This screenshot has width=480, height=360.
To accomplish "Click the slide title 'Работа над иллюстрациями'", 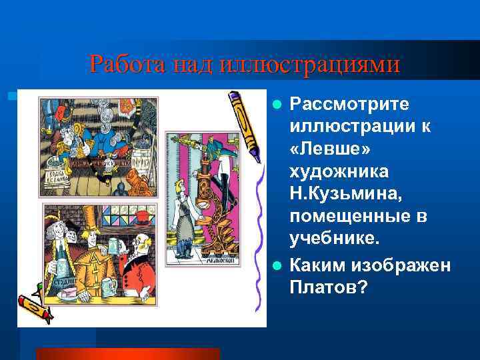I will click(x=245, y=64).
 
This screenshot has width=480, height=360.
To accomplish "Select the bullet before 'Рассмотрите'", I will click(x=278, y=105).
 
